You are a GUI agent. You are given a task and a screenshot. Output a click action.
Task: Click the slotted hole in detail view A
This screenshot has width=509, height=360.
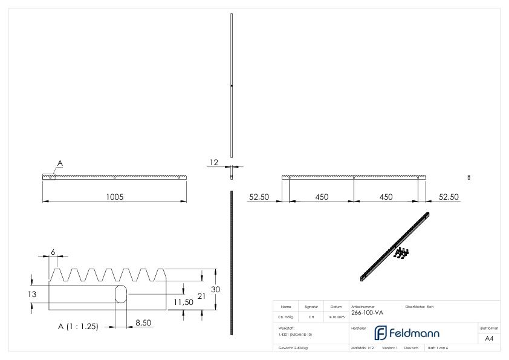122,293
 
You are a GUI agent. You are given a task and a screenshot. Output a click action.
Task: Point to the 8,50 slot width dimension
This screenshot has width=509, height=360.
143,324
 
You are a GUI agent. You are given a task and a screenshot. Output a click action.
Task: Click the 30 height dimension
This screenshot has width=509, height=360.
215,289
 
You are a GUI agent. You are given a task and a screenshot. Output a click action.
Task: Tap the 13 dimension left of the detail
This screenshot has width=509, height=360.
35,294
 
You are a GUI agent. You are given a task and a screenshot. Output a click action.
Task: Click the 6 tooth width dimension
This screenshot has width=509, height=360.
53,251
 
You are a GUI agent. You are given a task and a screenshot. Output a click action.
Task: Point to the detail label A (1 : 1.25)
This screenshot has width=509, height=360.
78,326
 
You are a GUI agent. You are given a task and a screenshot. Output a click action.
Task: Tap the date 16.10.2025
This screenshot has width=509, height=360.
337,316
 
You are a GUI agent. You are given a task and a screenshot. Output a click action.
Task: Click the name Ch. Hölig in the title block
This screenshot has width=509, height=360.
286,316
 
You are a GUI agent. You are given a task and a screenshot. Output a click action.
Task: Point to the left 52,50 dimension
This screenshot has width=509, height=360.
260,197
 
